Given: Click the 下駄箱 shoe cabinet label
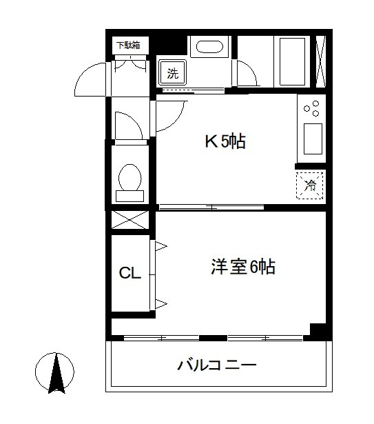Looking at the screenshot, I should [127, 46].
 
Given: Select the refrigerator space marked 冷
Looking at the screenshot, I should [310, 185].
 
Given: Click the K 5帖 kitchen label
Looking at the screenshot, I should [225, 142].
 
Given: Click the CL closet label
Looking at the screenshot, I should [129, 273].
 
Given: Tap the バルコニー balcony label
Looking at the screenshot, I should [216, 364].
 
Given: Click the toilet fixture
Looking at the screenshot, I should [129, 181].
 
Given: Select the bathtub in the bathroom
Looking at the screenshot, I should [291, 61].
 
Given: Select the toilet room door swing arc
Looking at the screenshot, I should [128, 125].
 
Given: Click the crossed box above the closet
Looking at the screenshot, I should [129, 221].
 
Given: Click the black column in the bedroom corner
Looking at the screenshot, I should [318, 330].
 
